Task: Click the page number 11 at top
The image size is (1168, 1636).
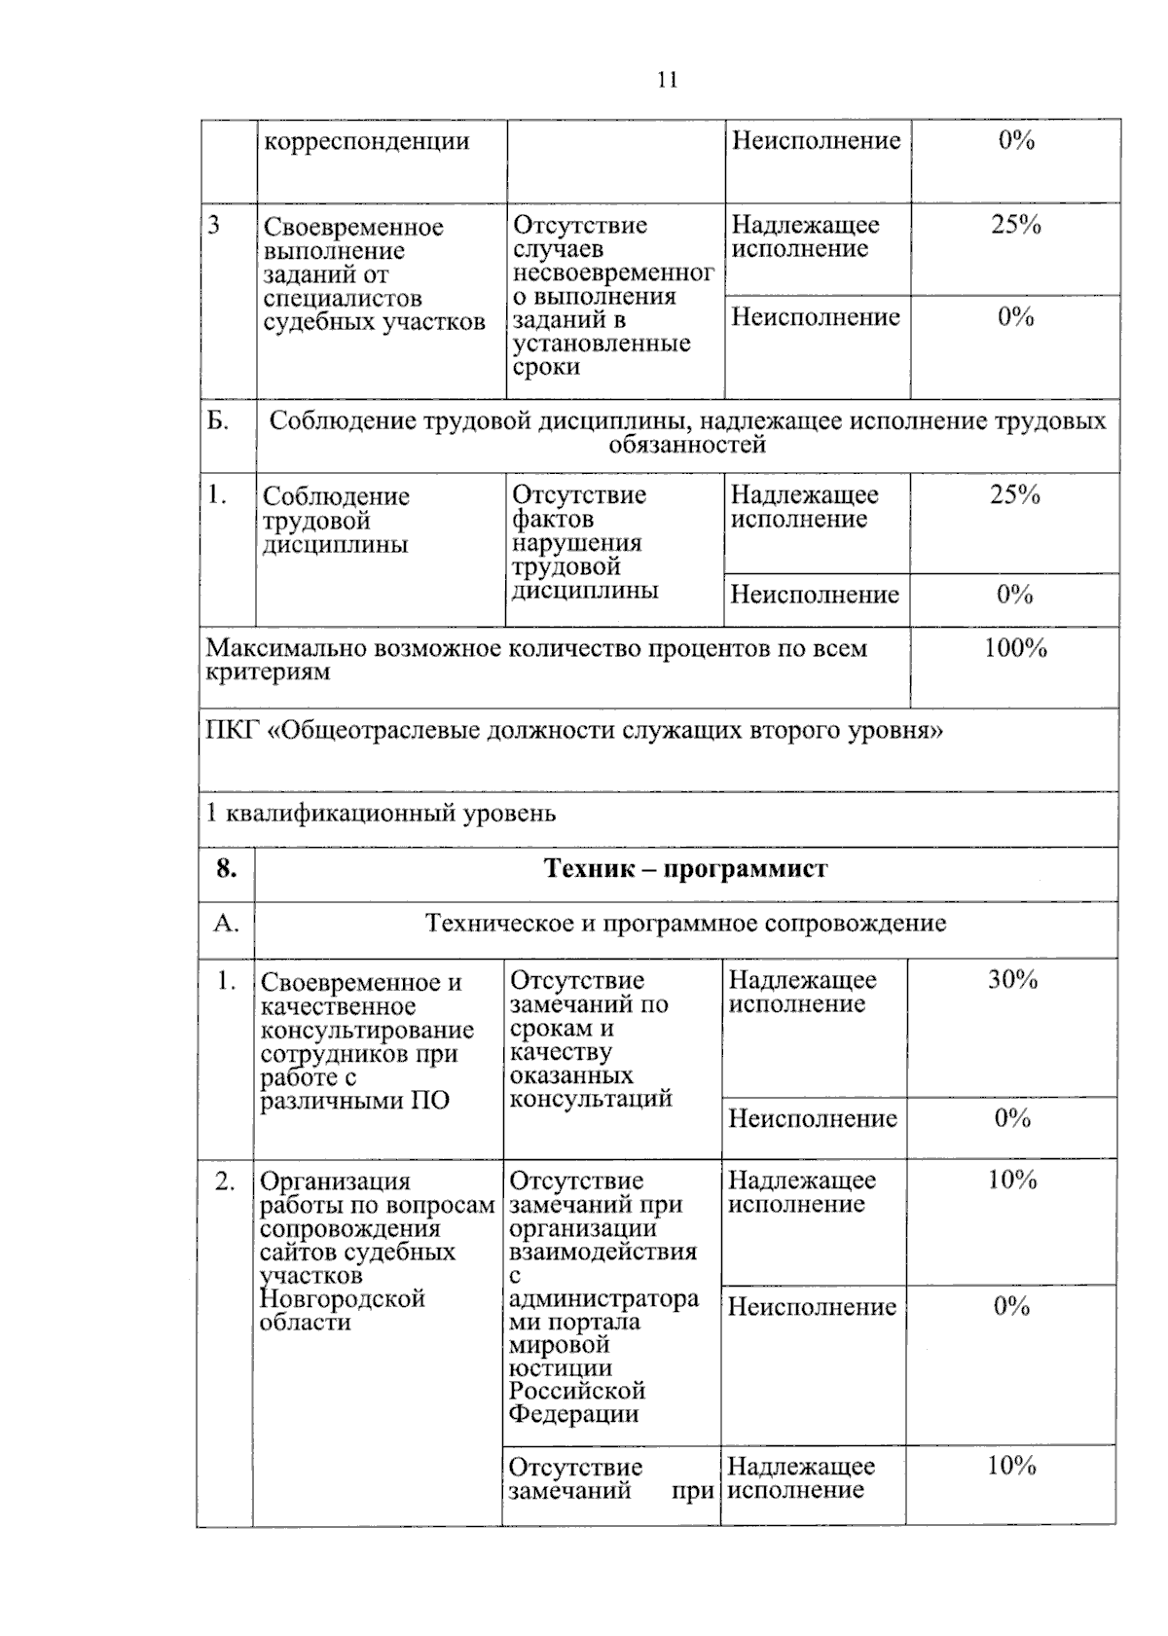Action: pyautogui.click(x=668, y=81)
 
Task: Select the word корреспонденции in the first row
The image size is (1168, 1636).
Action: pyautogui.click(x=366, y=141)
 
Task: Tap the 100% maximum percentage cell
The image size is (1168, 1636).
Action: pyautogui.click(x=1014, y=649)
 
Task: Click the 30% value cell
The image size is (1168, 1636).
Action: pyautogui.click(x=1012, y=980)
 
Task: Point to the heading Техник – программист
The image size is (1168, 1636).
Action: pyautogui.click(x=685, y=869)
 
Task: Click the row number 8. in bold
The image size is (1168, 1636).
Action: pyautogui.click(x=226, y=869)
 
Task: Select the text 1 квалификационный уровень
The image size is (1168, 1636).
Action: pyautogui.click(x=381, y=814)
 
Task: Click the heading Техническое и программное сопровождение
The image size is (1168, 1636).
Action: pyautogui.click(x=685, y=924)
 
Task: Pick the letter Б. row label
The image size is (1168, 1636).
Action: pyautogui.click(x=218, y=421)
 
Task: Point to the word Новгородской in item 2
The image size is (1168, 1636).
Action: pyautogui.click(x=343, y=1299)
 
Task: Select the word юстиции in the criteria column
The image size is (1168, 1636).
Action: pyautogui.click(x=560, y=1368)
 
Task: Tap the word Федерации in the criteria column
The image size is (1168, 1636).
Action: pyautogui.click(x=573, y=1415)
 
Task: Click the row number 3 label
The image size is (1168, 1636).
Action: pyautogui.click(x=213, y=226)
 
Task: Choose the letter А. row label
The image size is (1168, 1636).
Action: pyautogui.click(x=226, y=924)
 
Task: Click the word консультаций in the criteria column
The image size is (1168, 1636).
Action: pyautogui.click(x=591, y=1100)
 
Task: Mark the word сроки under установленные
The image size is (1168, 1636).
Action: pyautogui.click(x=546, y=368)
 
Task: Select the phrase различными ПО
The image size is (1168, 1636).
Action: pyautogui.click(x=355, y=1102)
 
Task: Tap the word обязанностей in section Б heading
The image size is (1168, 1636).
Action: pyautogui.click(x=687, y=446)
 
